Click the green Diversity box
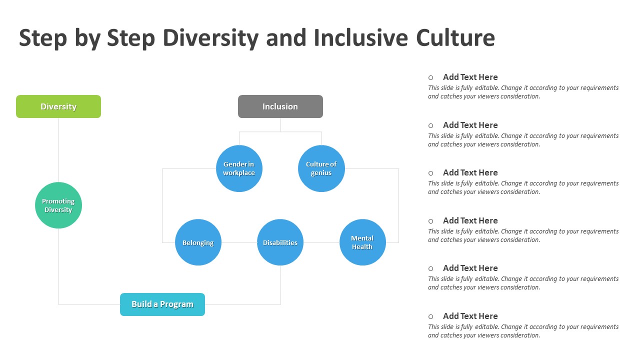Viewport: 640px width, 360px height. point(58,106)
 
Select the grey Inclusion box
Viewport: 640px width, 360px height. point(280,106)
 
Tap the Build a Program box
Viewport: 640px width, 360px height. point(162,304)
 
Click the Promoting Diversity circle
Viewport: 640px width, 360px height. point(58,205)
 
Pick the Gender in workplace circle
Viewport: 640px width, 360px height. point(239,168)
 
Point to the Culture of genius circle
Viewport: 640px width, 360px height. point(321,168)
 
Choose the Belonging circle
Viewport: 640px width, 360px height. point(198,242)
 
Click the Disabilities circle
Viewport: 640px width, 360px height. point(280,242)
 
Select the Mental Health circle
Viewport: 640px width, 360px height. point(362,242)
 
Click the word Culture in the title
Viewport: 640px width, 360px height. point(455,37)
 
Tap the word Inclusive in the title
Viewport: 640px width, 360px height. point(361,37)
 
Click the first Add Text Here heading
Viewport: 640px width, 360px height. point(470,77)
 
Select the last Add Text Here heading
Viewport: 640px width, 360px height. point(470,316)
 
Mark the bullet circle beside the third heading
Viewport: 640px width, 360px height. point(431,173)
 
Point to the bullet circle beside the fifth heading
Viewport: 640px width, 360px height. point(431,268)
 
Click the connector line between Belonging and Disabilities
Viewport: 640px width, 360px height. point(239,242)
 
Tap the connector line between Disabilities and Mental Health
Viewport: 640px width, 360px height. point(321,242)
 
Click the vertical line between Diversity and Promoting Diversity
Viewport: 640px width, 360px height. point(59,150)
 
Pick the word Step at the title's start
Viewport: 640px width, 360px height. point(43,38)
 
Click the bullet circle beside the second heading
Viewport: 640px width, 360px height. point(431,125)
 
